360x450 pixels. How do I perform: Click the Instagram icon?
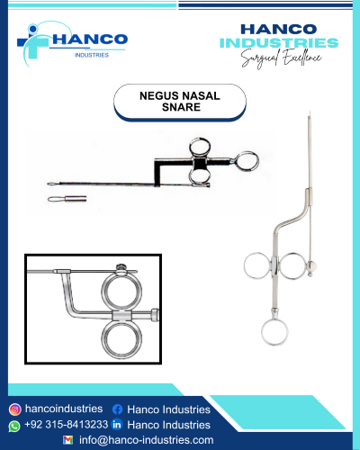pyautogui.click(x=14, y=409)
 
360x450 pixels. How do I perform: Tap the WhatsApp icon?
pyautogui.click(x=14, y=427)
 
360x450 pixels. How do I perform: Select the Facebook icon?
pyautogui.click(x=117, y=409)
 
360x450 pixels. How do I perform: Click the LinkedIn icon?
pyautogui.click(x=117, y=425)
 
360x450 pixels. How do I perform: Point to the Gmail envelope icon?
pyautogui.click(x=68, y=440)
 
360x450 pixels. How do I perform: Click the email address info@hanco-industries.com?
pyautogui.click(x=147, y=440)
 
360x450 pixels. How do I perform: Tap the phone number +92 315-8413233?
pyautogui.click(x=66, y=425)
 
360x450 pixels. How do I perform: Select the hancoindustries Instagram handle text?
pyautogui.click(x=64, y=409)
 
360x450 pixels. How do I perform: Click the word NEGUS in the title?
pyautogui.click(x=159, y=96)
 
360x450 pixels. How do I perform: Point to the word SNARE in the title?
pyautogui.click(x=181, y=107)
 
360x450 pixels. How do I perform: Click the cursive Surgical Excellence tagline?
pyautogui.click(x=282, y=58)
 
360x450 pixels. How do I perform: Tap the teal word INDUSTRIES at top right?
pyautogui.click(x=279, y=43)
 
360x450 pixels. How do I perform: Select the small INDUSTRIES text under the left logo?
pyautogui.click(x=92, y=55)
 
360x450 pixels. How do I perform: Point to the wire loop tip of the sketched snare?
pyautogui.click(x=53, y=184)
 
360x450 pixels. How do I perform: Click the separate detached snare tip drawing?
pyautogui.click(x=67, y=199)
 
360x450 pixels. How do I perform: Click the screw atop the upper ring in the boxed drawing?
pyautogui.click(x=121, y=266)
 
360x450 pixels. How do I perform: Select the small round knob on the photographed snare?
pyautogui.click(x=312, y=265)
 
